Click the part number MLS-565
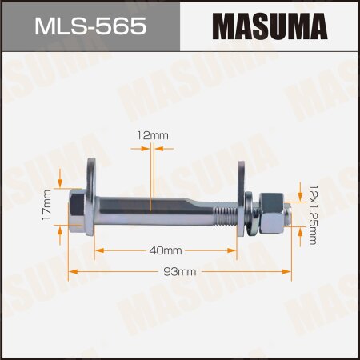tap(89, 28)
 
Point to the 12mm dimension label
tap(154, 136)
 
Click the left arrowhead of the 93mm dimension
tap(70, 272)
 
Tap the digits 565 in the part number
tap(120, 28)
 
